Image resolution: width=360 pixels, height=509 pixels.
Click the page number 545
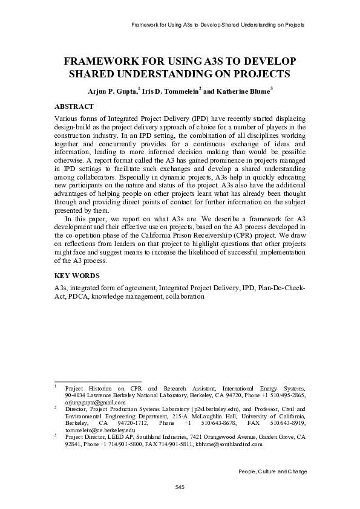point(180,487)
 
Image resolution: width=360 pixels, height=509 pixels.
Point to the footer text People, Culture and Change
point(273,471)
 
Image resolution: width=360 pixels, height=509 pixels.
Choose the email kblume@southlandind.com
point(228,443)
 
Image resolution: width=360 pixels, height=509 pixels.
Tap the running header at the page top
point(217,25)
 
